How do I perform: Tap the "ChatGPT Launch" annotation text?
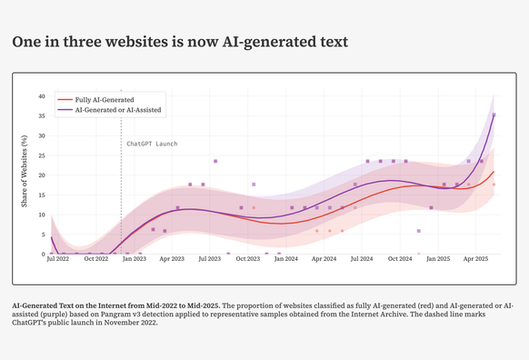click(152, 144)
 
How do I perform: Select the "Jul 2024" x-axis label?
click(362, 260)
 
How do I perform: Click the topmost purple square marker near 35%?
click(494, 115)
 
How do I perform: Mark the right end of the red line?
click(494, 171)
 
